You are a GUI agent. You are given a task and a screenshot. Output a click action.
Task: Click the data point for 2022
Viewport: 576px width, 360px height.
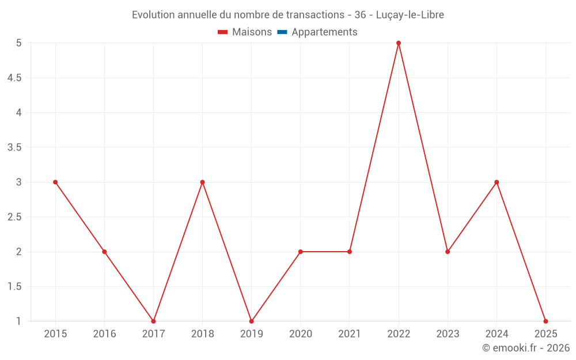click(399, 43)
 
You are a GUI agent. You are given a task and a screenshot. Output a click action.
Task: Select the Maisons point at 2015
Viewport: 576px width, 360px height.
click(55, 182)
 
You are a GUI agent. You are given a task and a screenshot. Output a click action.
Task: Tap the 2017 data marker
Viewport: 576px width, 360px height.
click(153, 321)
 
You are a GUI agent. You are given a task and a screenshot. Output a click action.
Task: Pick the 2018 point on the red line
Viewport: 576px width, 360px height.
click(202, 182)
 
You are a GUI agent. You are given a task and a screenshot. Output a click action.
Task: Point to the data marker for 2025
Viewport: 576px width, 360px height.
click(545, 321)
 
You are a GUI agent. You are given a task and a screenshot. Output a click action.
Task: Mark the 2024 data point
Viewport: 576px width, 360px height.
click(497, 182)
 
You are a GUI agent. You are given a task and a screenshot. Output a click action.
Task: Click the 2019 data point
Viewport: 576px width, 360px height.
click(251, 321)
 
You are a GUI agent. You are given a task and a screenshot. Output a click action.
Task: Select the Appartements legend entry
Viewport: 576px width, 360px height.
click(324, 32)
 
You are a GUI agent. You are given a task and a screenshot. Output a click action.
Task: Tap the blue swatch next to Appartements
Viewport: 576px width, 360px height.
click(282, 32)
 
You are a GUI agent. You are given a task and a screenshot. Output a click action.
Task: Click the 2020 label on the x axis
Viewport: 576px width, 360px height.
click(301, 334)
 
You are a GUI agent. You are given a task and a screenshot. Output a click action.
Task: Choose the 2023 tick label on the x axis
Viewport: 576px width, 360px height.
click(448, 334)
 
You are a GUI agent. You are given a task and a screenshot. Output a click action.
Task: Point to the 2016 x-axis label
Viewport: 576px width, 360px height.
click(104, 334)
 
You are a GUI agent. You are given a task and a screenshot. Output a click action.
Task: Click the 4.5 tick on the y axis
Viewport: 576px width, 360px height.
click(14, 78)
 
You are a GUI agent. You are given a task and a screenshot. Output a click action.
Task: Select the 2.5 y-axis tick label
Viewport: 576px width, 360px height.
click(14, 217)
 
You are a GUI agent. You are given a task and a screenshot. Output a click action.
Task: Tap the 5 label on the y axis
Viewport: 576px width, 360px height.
click(19, 43)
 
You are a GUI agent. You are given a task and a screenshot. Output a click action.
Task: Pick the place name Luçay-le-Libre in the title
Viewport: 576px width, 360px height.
click(410, 15)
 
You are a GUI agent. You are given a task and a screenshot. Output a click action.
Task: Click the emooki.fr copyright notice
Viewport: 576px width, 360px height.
click(525, 348)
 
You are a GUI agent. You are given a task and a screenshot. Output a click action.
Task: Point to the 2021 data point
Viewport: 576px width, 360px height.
click(350, 252)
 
